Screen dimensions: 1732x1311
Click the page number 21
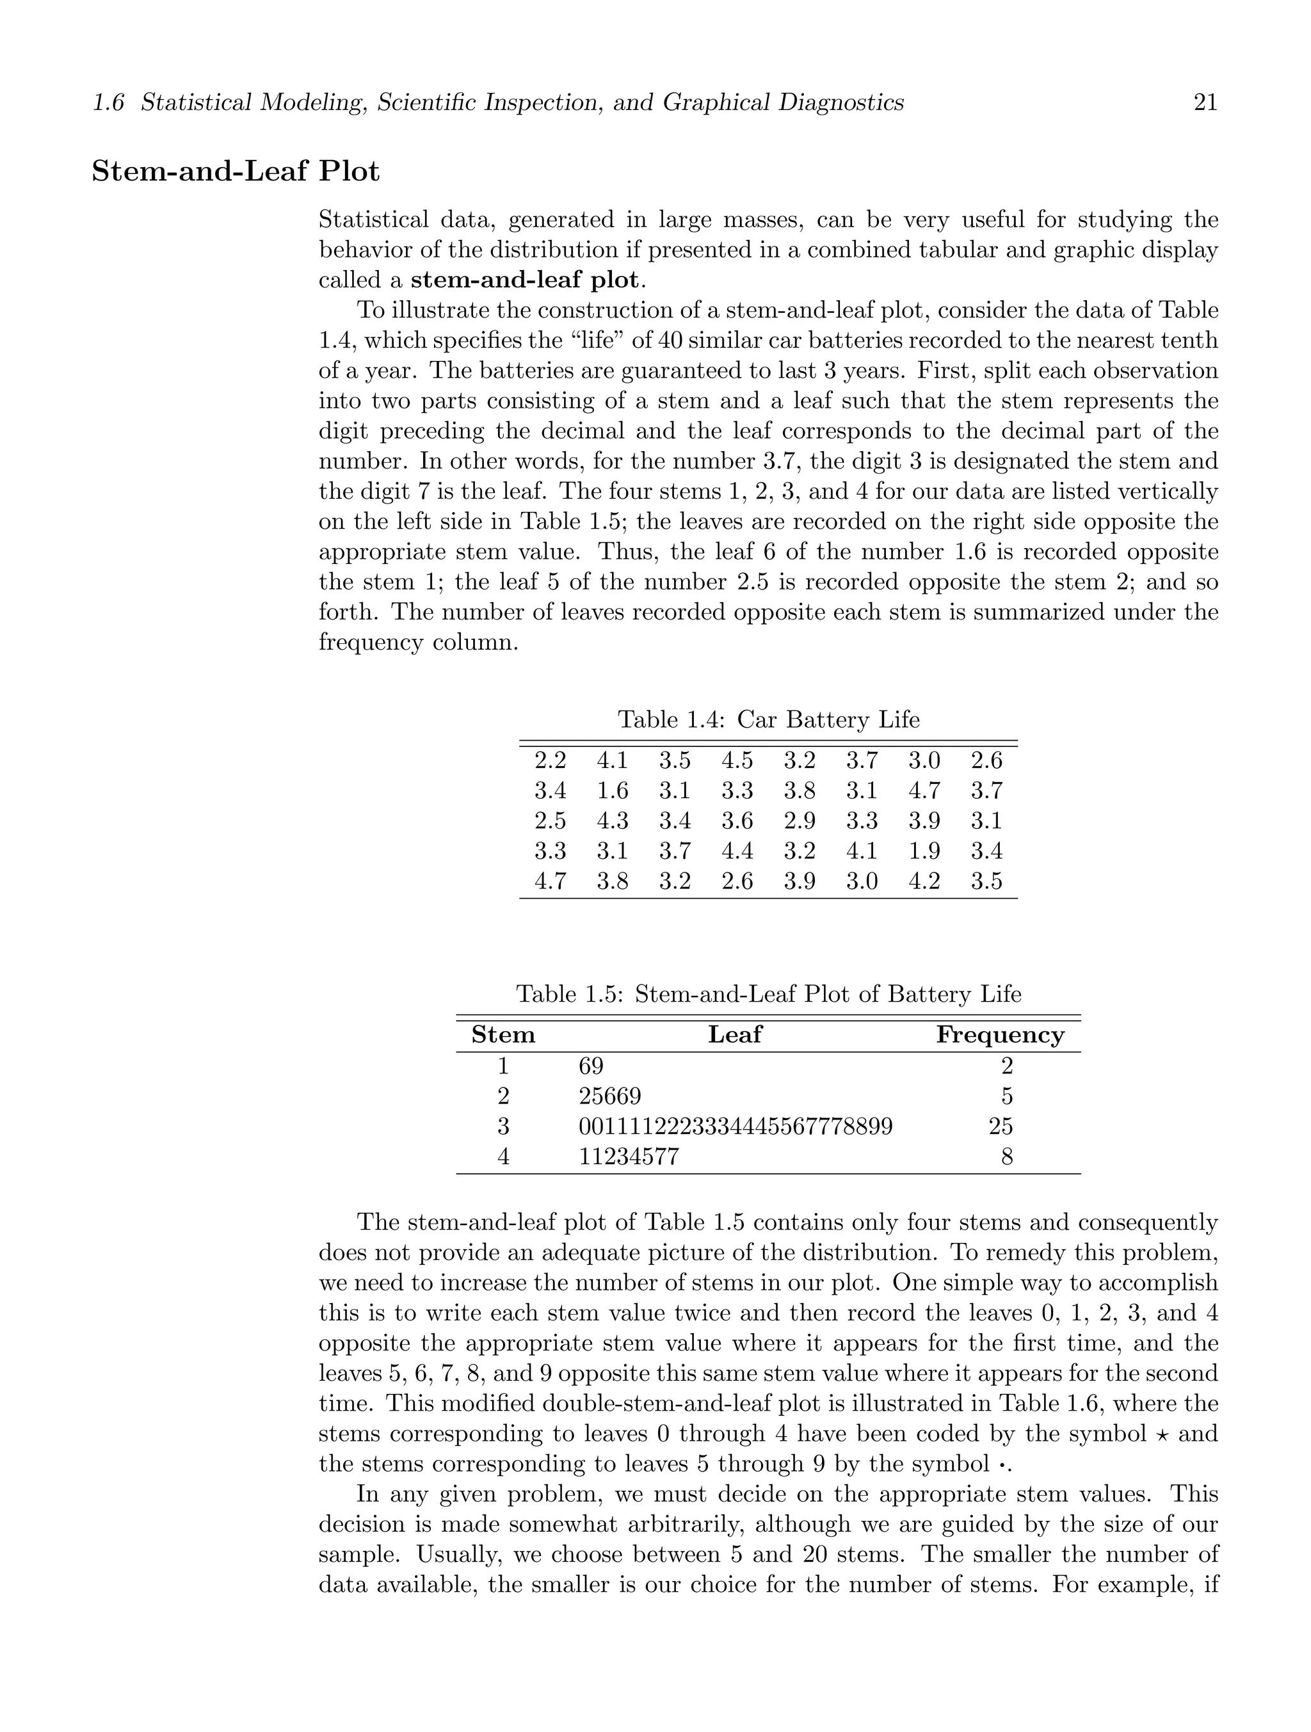[1205, 102]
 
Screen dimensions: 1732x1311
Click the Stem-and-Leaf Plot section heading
[236, 172]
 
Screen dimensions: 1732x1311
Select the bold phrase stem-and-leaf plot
[524, 280]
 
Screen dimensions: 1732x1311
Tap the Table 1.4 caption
[768, 719]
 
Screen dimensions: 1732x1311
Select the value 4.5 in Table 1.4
[737, 760]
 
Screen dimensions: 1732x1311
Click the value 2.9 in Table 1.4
[800, 821]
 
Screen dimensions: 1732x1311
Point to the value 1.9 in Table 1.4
[924, 851]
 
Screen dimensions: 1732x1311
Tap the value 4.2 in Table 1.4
[924, 881]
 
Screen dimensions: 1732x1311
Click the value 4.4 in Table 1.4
[737, 851]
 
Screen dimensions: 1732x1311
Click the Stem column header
[503, 1035]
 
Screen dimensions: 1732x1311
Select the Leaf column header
[735, 1035]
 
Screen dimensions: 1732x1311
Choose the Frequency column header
[1000, 1035]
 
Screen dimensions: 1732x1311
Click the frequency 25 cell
[1000, 1127]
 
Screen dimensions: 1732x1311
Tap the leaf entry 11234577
[628, 1157]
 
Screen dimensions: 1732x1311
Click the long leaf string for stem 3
[736, 1127]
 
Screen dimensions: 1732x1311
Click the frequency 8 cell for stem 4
[1006, 1157]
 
